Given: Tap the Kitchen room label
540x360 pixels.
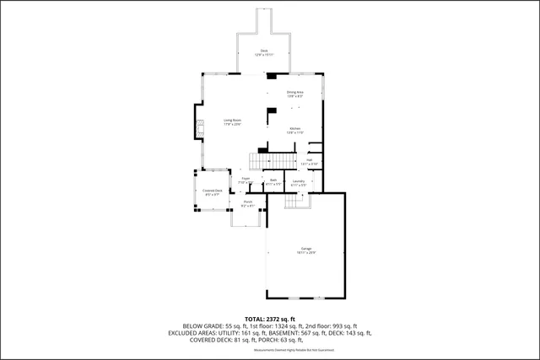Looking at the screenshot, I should (x=294, y=128).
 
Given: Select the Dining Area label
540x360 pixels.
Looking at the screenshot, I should (x=294, y=93).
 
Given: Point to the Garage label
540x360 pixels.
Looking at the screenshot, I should (x=305, y=249).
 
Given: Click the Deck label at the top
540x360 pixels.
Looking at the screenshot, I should (x=264, y=51).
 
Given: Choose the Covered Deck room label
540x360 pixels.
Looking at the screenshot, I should (x=213, y=191).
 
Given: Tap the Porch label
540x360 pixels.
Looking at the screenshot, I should (x=248, y=202).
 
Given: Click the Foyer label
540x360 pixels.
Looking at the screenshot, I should (x=246, y=180).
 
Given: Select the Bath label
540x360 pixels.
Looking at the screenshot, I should (x=273, y=180).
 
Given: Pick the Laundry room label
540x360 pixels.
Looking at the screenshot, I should (x=299, y=180).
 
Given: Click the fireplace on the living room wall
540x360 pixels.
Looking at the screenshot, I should (x=199, y=129).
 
